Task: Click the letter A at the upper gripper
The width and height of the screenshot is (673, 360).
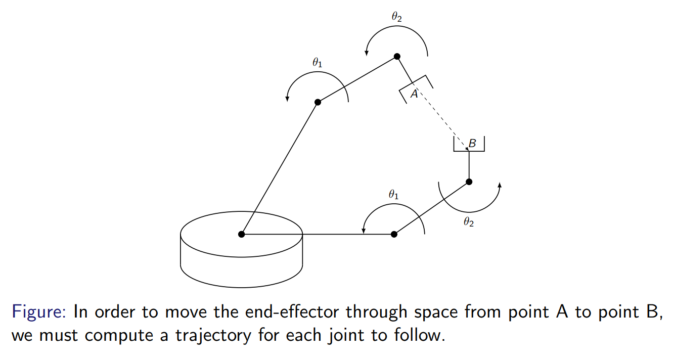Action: [x=414, y=94]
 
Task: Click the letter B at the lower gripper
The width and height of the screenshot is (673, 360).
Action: [x=472, y=144]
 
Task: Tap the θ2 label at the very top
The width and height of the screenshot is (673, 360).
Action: [x=397, y=16]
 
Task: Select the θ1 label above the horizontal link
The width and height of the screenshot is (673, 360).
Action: [x=393, y=194]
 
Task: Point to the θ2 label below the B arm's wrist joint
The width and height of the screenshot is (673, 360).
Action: [x=469, y=222]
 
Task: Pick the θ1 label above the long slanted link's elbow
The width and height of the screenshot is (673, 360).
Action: [x=317, y=63]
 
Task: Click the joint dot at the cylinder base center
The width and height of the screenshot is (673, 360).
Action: [x=241, y=234]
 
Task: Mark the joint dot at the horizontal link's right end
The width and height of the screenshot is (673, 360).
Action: [x=394, y=234]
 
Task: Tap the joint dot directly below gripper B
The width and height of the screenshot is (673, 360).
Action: [x=469, y=182]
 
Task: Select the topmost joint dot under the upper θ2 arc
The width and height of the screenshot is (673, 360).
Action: [x=397, y=56]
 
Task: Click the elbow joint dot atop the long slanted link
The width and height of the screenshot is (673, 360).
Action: [x=318, y=102]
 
